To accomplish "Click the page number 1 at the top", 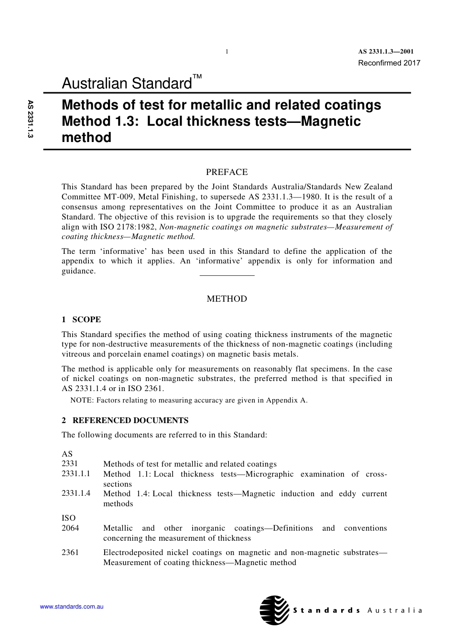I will [x=227, y=52].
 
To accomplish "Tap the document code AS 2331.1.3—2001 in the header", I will [x=386, y=52].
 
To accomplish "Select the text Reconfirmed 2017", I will [x=389, y=63].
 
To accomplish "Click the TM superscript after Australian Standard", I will [x=197, y=76].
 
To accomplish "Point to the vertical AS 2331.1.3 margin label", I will [x=31, y=119].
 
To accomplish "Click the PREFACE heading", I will [x=227, y=172].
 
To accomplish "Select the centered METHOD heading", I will [x=227, y=299].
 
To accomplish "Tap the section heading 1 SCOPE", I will [x=81, y=320].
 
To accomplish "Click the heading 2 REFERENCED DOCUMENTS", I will [x=125, y=421].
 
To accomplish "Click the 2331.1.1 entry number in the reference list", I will [x=76, y=474].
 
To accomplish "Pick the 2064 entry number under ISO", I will [x=70, y=528].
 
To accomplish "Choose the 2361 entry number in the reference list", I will [x=70, y=553].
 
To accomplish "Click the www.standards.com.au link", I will [x=72, y=607].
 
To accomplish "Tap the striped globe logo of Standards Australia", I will [x=274, y=610].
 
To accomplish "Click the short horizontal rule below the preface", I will [x=227, y=275].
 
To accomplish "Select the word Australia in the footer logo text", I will [x=395, y=610].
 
